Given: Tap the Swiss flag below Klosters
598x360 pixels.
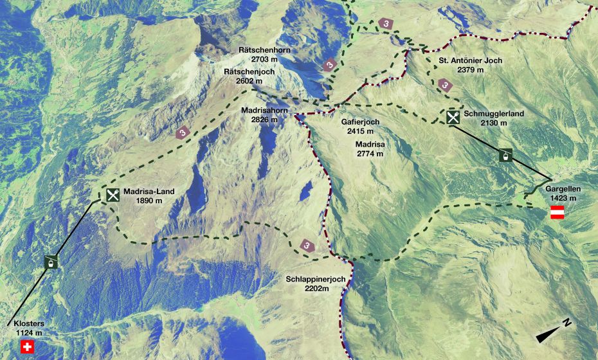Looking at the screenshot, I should click(26, 347).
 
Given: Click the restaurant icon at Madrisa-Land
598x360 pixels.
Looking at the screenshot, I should click(113, 195).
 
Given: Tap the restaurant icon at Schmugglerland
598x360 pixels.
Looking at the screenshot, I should click(453, 117).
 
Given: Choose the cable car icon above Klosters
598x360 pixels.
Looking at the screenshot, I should click(51, 262).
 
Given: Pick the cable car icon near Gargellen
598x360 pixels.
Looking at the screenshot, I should click(506, 155).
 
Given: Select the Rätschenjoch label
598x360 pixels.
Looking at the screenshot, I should click(249, 72).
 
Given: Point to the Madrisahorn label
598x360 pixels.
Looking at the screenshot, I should click(265, 111).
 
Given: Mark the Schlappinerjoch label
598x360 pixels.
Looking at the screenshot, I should click(316, 279).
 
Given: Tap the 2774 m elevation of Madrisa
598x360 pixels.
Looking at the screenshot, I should click(370, 154).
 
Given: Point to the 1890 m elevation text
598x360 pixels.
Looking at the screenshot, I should click(149, 201).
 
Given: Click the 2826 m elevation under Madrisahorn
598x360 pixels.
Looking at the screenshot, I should click(265, 120).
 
